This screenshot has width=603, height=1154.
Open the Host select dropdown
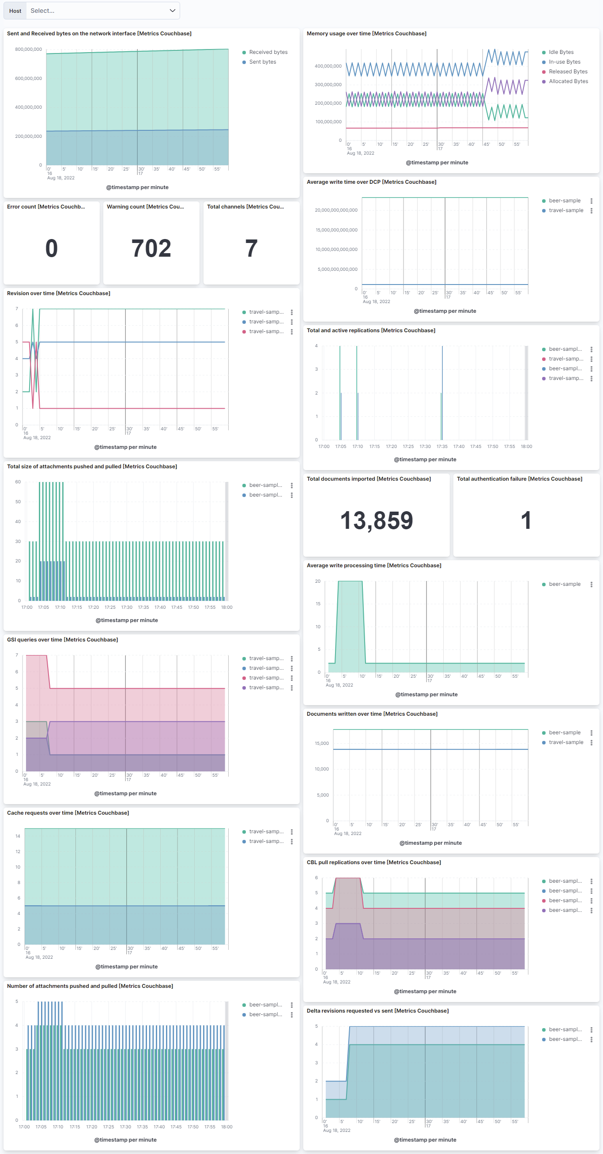(x=102, y=11)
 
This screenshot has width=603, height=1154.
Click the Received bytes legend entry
(x=268, y=52)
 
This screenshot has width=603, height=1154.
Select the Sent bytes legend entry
(x=262, y=62)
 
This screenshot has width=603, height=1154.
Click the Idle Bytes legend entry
(x=561, y=52)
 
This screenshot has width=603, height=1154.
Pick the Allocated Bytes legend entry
(x=568, y=81)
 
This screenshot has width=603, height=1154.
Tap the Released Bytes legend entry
(x=568, y=72)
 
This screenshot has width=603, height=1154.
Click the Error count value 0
(x=52, y=248)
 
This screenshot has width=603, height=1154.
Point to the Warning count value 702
(x=151, y=248)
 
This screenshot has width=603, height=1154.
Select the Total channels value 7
(x=251, y=248)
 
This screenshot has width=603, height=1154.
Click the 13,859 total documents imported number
(x=377, y=520)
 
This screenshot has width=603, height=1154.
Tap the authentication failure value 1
(x=526, y=520)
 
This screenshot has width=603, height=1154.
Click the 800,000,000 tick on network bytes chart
(x=29, y=49)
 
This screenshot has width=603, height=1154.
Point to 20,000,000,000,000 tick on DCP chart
(x=336, y=210)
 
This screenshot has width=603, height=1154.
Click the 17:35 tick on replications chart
(x=442, y=446)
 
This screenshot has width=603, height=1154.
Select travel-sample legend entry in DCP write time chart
(x=566, y=211)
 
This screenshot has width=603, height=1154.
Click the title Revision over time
(x=59, y=293)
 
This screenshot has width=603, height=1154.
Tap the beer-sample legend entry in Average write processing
(x=564, y=584)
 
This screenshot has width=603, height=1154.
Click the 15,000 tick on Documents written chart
(x=322, y=743)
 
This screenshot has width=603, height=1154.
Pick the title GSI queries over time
(x=63, y=640)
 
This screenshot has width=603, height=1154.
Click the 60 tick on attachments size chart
(x=18, y=482)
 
